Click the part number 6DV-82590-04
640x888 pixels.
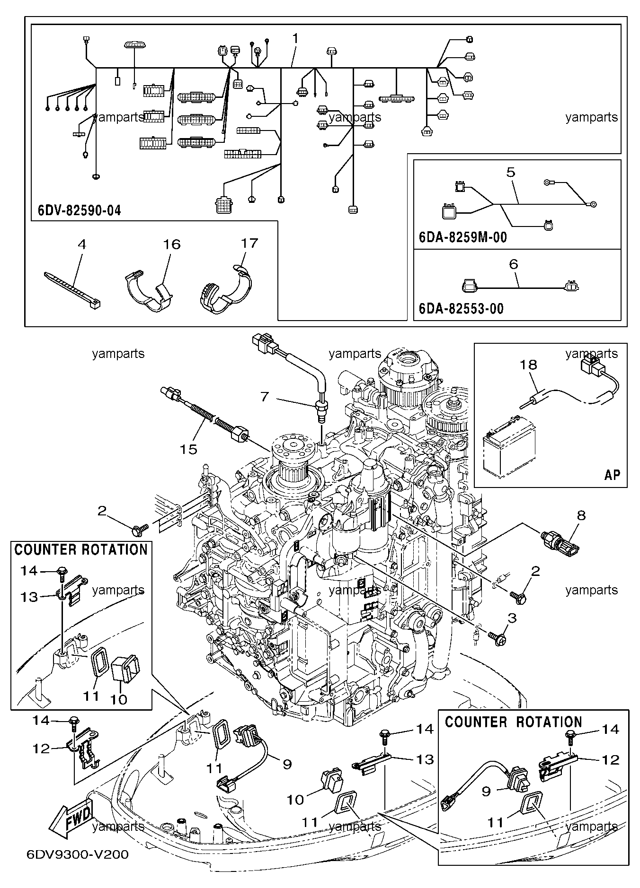79,210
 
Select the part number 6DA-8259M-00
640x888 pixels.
463,237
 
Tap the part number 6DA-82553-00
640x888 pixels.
462,309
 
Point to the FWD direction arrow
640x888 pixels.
71,813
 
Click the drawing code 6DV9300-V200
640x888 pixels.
78,854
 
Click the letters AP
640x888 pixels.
612,474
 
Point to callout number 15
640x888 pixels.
188,449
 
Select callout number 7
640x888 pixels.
265,396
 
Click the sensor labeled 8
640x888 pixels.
562,541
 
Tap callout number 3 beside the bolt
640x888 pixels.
512,618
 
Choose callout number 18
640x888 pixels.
529,365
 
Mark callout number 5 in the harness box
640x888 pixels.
511,172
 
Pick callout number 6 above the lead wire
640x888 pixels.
514,264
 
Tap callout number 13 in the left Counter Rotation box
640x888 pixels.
29,597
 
